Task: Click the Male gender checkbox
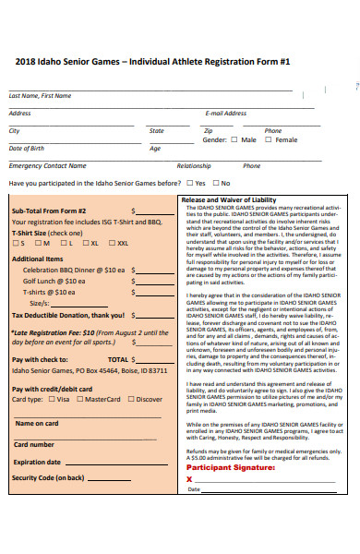point(234,139)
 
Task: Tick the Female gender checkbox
point(269,139)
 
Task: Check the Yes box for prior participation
point(188,183)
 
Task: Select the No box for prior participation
point(215,183)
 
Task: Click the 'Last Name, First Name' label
point(40,95)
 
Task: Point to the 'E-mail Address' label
point(225,113)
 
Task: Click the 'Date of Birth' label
point(26,148)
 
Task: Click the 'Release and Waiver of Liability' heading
point(228,199)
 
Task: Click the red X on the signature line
point(189,479)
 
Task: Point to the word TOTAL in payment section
point(117,359)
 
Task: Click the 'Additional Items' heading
point(37,259)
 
